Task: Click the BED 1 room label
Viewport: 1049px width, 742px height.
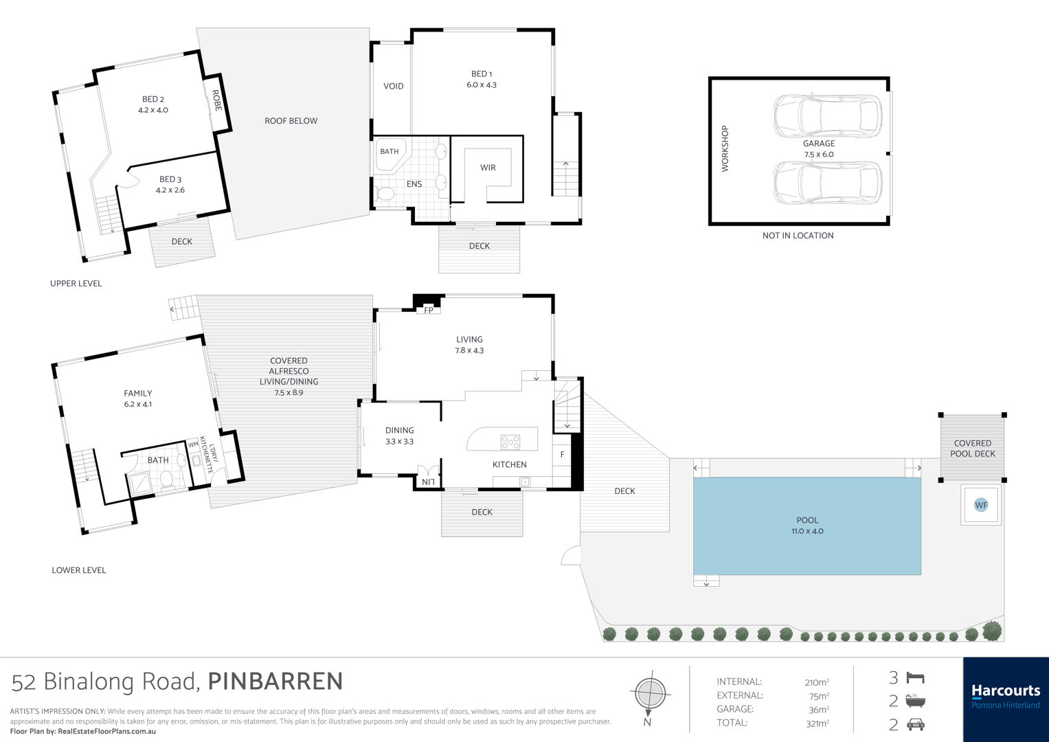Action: [x=482, y=79]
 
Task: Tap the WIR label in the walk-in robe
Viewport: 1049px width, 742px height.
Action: [x=488, y=167]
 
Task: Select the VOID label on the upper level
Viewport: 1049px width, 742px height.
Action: [x=393, y=86]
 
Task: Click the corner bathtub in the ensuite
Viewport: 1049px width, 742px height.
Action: [x=392, y=154]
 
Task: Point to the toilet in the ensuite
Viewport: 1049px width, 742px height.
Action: [x=385, y=194]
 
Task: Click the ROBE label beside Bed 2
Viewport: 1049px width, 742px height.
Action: [x=216, y=100]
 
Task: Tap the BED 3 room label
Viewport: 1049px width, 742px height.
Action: [x=170, y=185]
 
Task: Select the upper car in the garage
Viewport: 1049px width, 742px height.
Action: [x=828, y=116]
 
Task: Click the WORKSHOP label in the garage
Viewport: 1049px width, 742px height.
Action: [x=725, y=148]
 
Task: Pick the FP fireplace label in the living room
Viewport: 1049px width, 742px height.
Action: [x=429, y=310]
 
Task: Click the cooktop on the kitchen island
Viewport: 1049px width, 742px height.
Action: [x=510, y=442]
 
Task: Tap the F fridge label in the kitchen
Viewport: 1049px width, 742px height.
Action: [x=562, y=454]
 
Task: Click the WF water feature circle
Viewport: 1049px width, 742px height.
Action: [x=980, y=505]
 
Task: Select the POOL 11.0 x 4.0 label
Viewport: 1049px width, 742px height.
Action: [x=807, y=526]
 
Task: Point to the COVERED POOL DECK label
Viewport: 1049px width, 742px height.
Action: [x=972, y=448]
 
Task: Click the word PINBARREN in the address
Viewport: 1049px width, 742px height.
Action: [x=275, y=682]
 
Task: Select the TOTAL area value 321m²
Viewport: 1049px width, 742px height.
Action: [x=817, y=723]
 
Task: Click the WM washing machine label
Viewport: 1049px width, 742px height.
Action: [x=193, y=445]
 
